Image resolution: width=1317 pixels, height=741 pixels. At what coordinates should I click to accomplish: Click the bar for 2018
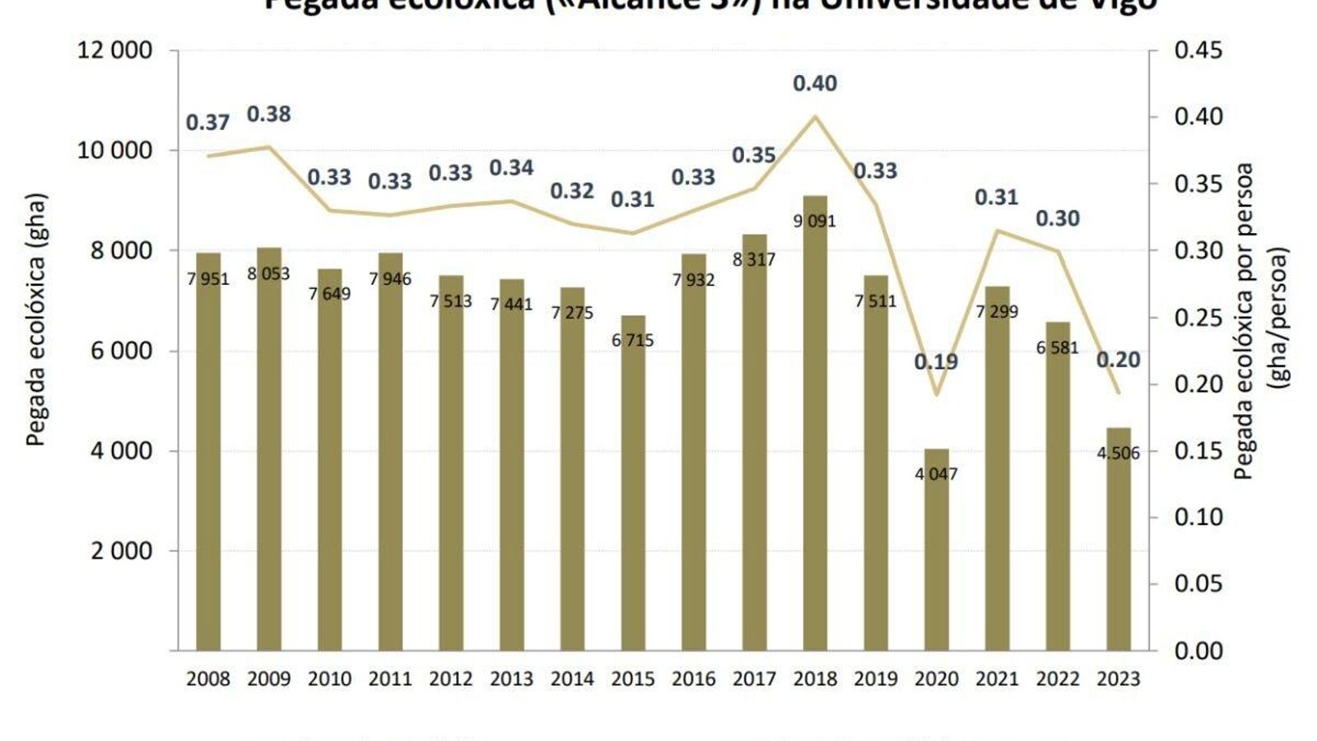tap(815, 424)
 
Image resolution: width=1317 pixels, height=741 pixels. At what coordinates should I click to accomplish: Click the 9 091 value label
tap(815, 221)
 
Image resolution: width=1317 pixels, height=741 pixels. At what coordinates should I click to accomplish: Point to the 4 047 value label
tap(937, 474)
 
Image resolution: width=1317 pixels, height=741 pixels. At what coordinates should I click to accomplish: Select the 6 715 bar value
tap(633, 340)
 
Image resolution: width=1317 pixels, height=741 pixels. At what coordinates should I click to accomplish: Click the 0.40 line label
tap(815, 83)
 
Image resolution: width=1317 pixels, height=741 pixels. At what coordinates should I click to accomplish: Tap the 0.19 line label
tap(936, 361)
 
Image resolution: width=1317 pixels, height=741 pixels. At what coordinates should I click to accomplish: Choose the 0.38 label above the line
tap(269, 114)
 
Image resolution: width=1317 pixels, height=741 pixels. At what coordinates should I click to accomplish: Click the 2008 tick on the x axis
tap(208, 679)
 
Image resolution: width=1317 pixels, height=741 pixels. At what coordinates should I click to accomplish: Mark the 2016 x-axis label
tap(694, 679)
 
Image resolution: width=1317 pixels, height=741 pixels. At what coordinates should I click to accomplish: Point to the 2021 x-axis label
tap(998, 679)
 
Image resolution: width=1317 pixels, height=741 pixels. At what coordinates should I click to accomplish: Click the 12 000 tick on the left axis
tap(114, 50)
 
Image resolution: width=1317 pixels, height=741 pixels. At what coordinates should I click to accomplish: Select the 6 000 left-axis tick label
tap(121, 351)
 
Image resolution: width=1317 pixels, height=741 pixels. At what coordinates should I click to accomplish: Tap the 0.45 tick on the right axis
tap(1198, 50)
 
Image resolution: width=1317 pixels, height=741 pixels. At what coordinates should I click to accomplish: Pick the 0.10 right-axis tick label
tap(1198, 517)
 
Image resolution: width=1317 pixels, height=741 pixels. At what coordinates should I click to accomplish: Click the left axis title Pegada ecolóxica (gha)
tap(35, 319)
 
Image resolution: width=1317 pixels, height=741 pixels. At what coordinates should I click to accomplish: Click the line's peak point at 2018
tap(815, 116)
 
